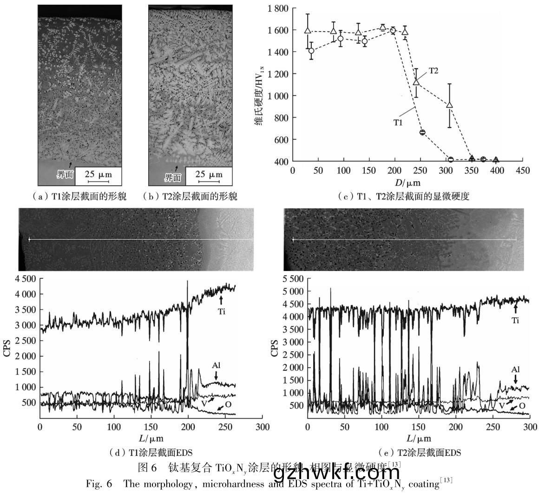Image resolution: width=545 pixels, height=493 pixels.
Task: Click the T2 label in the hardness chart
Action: [434, 71]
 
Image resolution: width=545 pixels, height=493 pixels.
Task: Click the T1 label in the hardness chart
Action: [398, 123]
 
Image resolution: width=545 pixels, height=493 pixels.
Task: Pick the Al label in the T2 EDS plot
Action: [515, 370]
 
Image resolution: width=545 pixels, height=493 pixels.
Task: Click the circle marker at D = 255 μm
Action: [422, 132]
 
